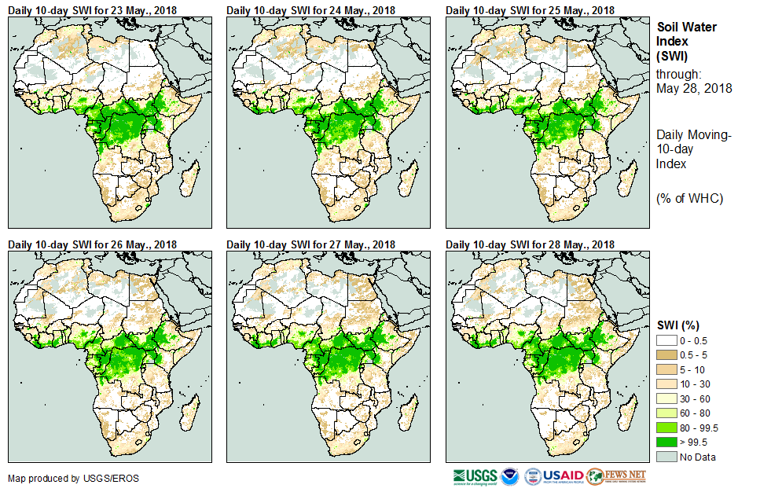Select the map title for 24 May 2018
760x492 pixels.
tap(310, 9)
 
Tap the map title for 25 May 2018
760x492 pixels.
tap(529, 9)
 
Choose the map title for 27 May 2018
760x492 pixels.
tap(310, 244)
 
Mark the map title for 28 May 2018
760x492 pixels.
tap(529, 244)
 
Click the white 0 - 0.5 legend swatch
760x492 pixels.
tap(666, 340)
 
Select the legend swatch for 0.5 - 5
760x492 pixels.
tap(666, 354)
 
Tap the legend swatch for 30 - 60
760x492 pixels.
tap(666, 398)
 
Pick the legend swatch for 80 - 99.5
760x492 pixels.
tap(666, 428)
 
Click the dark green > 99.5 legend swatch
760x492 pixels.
tap(666, 442)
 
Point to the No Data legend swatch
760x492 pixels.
tap(666, 457)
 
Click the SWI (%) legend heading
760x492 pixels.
tap(678, 325)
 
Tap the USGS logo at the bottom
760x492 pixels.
tap(475, 476)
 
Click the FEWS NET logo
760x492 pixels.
tap(616, 476)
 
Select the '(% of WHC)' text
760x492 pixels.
tap(689, 198)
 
